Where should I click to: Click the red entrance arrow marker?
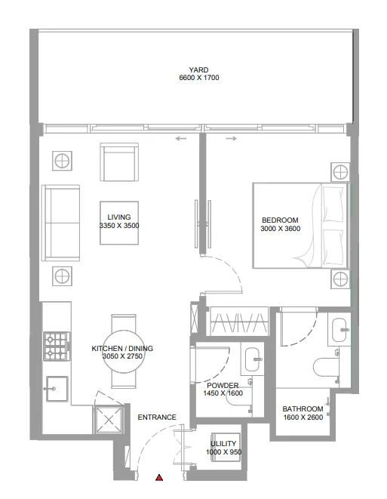point(159,478)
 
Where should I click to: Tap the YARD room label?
point(199,69)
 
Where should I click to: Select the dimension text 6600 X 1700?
point(199,78)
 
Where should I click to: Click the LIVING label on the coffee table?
point(119,217)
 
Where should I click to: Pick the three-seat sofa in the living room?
point(61,224)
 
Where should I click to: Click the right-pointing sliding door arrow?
point(231,139)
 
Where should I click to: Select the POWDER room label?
point(223,385)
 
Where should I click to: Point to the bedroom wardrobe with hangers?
point(238,322)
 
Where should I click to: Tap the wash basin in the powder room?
point(251,361)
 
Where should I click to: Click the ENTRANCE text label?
point(157,417)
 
